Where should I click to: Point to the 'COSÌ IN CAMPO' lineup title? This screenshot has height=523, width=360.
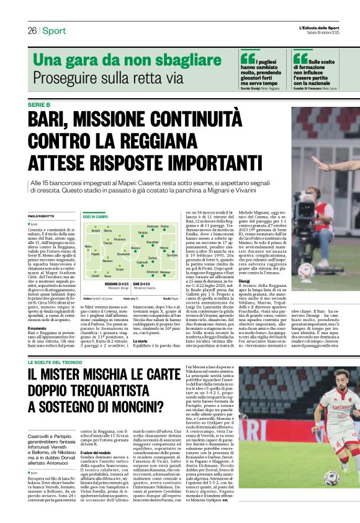coord(96,216)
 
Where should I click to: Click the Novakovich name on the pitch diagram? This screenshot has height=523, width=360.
coord(124,253)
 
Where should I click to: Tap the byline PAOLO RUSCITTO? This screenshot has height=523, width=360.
coord(42,216)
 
